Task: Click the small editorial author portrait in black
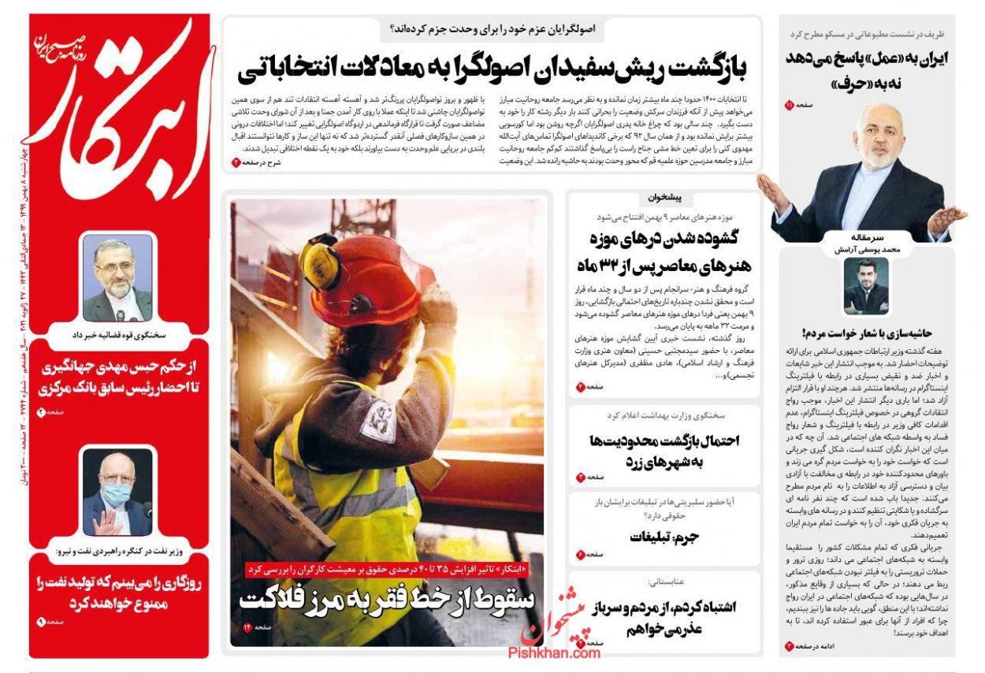(866, 285)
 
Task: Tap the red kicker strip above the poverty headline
(388, 569)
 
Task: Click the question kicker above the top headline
(493, 30)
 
